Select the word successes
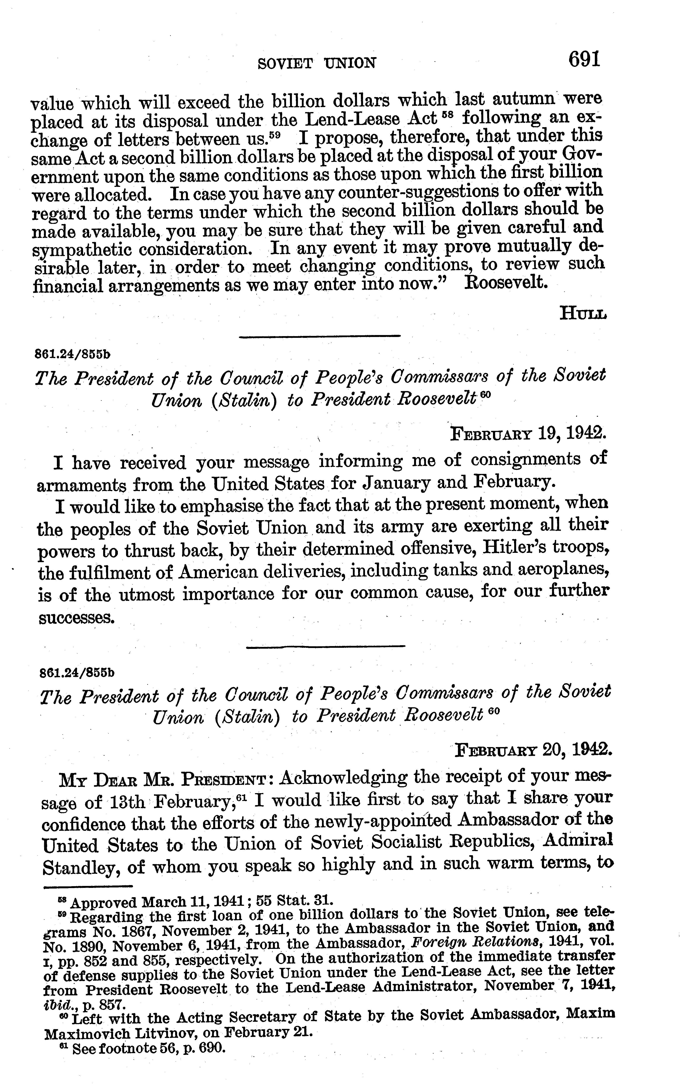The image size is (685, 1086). [76, 617]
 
